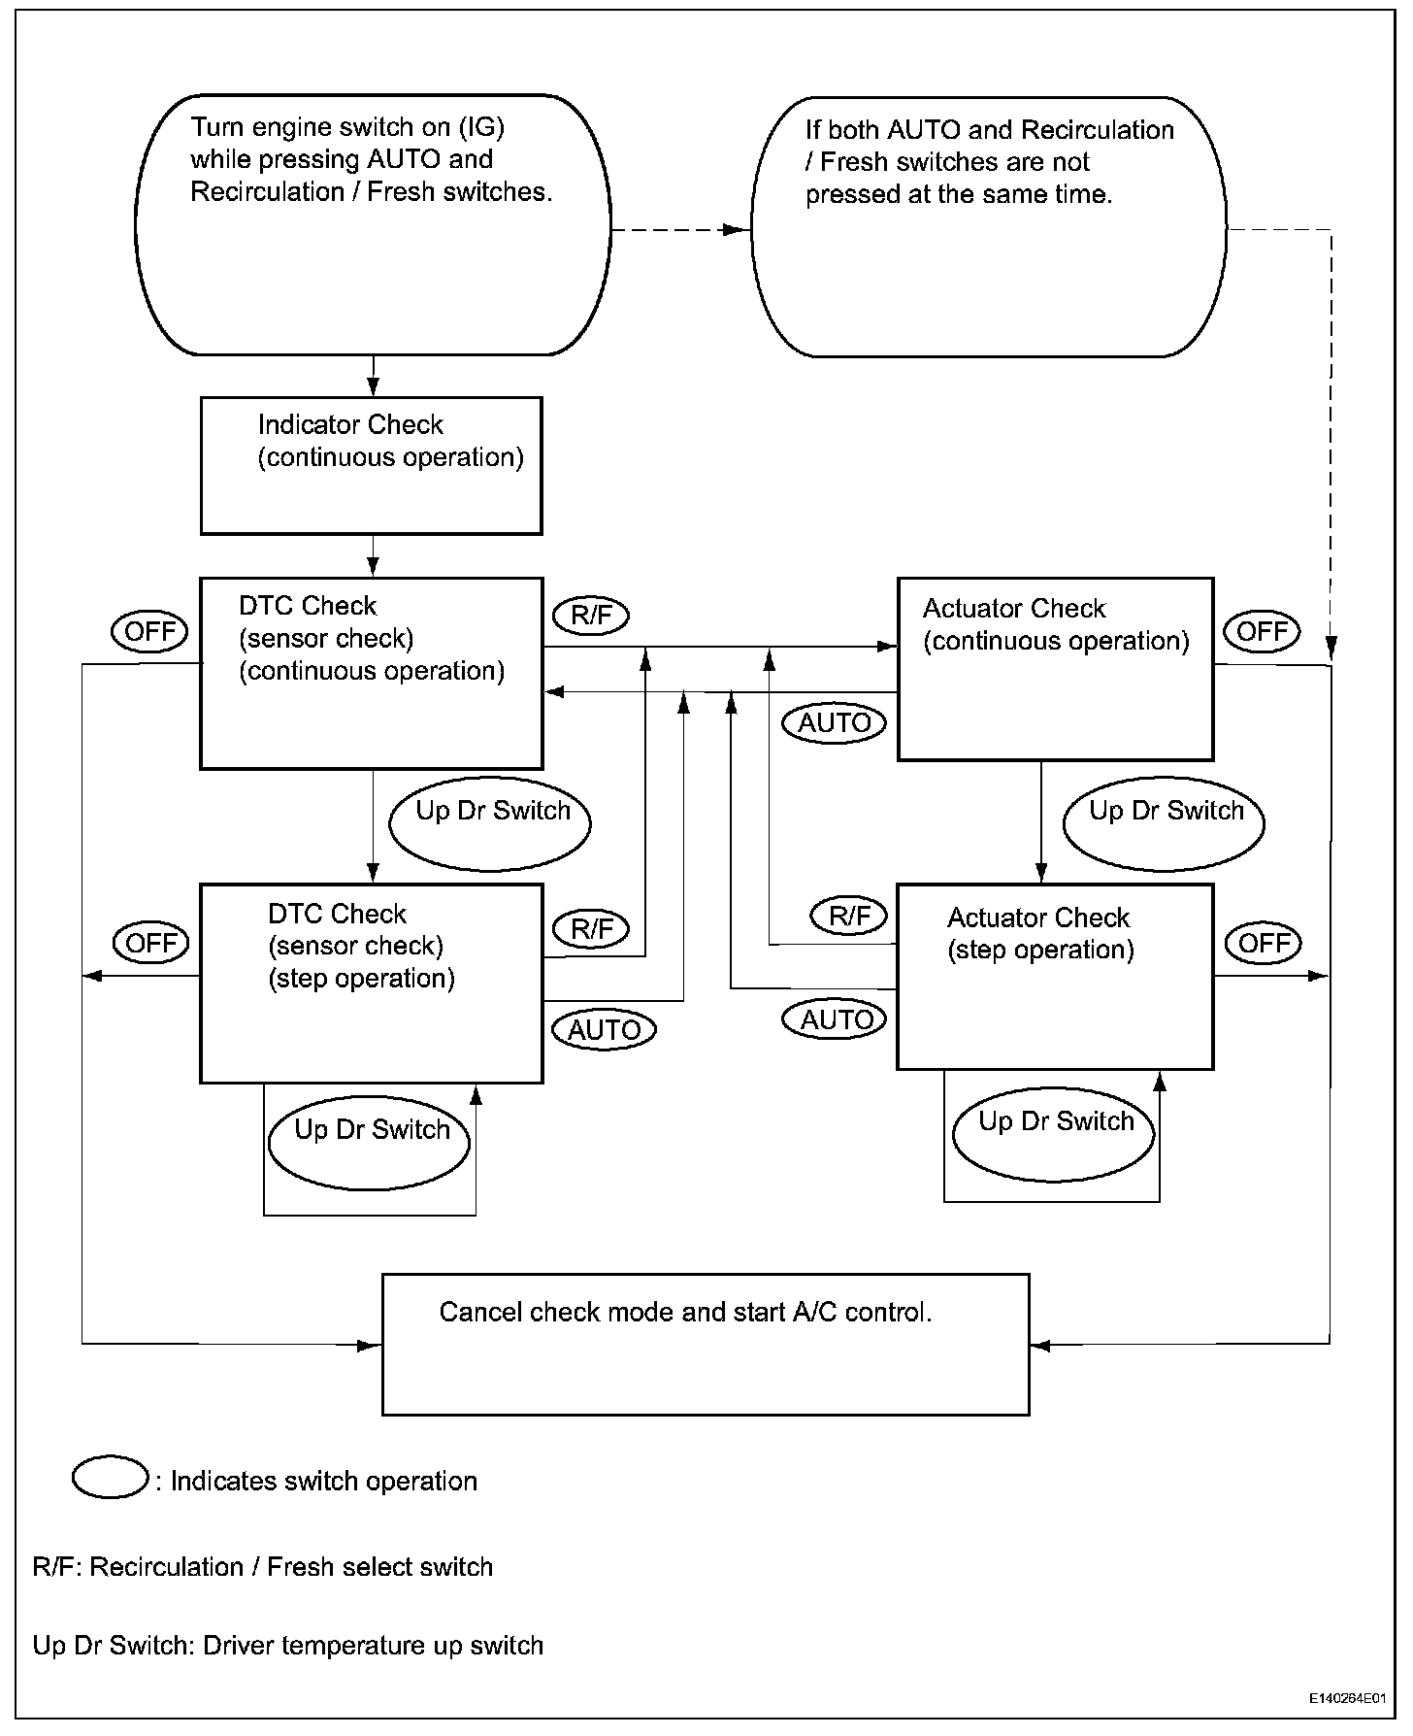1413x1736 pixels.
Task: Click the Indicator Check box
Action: click(371, 465)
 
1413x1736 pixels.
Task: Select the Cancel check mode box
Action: click(706, 1344)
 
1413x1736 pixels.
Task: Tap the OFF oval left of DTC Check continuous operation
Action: click(150, 631)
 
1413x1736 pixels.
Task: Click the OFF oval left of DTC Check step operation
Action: click(152, 942)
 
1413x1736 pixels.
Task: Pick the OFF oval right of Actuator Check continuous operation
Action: click(1262, 631)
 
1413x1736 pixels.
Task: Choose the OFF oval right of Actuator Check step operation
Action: click(1264, 942)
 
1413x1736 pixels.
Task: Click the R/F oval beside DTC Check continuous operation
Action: click(591, 616)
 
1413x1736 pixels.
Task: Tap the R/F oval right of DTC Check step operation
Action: click(591, 928)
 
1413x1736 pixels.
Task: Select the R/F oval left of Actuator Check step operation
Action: click(849, 916)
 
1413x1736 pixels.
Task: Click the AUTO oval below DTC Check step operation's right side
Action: click(604, 1029)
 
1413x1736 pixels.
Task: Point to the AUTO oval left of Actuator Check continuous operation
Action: click(835, 723)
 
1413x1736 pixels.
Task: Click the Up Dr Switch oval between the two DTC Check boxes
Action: click(490, 822)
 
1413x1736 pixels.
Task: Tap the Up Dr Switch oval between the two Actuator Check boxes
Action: click(1165, 821)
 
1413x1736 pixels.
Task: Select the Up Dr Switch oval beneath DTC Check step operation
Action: click(370, 1141)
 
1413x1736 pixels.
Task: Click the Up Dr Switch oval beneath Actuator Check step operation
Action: click(1054, 1133)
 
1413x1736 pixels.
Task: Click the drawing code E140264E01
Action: click(1344, 1699)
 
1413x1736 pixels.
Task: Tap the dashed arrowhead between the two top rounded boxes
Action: click(738, 230)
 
